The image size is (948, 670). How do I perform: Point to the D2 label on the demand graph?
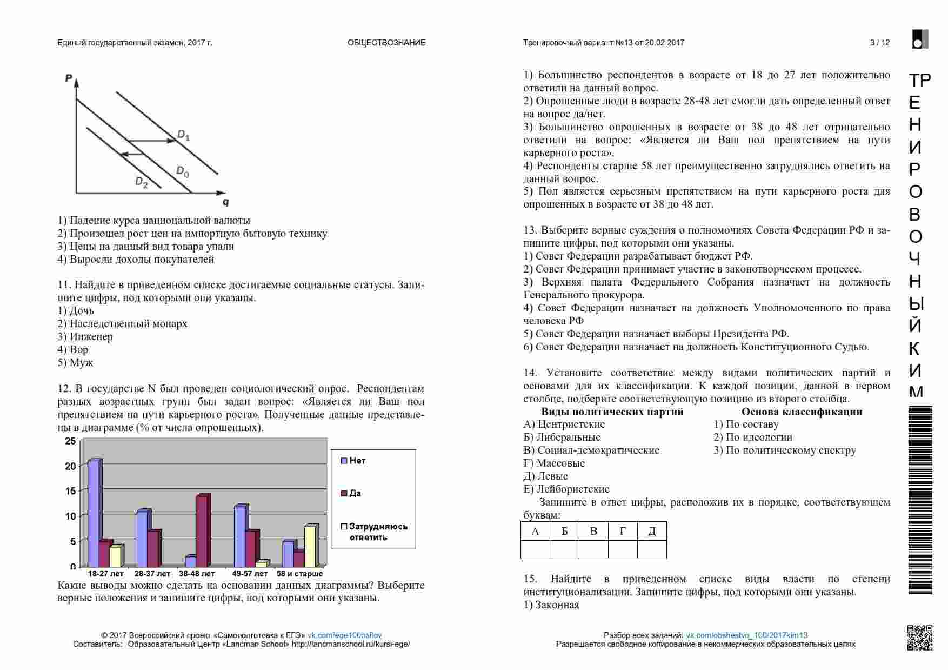141,182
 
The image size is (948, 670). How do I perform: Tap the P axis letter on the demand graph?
69,78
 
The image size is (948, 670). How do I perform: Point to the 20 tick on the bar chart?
71,466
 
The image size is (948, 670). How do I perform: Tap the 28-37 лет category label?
152,574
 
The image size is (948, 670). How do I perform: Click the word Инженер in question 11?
91,337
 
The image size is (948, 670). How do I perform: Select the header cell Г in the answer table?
623,531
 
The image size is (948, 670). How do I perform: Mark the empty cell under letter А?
535,549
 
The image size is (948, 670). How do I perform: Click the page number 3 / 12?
880,43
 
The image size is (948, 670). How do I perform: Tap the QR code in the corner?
919,638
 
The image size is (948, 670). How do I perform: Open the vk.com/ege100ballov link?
344,635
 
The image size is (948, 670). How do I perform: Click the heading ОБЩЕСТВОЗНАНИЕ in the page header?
386,43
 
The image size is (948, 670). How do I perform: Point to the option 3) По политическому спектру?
785,450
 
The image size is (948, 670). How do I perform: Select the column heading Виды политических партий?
612,412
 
